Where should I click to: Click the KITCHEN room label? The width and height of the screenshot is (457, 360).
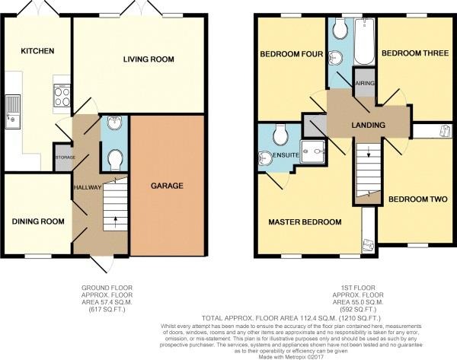pos(37,51)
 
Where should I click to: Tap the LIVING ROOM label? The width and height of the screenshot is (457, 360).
pos(149,59)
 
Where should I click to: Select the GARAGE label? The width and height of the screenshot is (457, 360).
pos(166,186)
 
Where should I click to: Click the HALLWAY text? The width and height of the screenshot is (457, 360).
pos(88,186)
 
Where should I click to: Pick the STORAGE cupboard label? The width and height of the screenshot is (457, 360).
pos(63,158)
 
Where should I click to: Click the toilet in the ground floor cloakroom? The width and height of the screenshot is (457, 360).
pos(115,159)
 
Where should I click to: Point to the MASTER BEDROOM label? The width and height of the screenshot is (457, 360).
pos(304,222)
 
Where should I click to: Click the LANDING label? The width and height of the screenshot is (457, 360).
pos(369,125)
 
